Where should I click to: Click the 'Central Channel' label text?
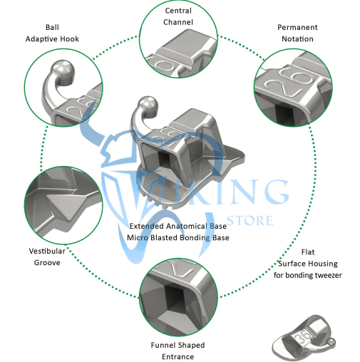(x=178, y=16)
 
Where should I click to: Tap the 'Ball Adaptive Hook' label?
(x=52, y=33)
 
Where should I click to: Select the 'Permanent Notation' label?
(x=297, y=33)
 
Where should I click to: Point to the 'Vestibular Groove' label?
(x=47, y=257)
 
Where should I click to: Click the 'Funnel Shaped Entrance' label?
(x=178, y=351)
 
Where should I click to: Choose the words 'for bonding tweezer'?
(x=308, y=275)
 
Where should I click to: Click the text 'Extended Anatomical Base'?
(x=178, y=226)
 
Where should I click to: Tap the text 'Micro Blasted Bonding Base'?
(x=178, y=237)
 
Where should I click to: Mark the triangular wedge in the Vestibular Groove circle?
(x=64, y=206)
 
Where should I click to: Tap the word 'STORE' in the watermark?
(x=250, y=220)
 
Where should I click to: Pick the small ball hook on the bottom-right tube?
(x=331, y=342)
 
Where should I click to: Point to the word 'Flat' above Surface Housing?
(x=308, y=252)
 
